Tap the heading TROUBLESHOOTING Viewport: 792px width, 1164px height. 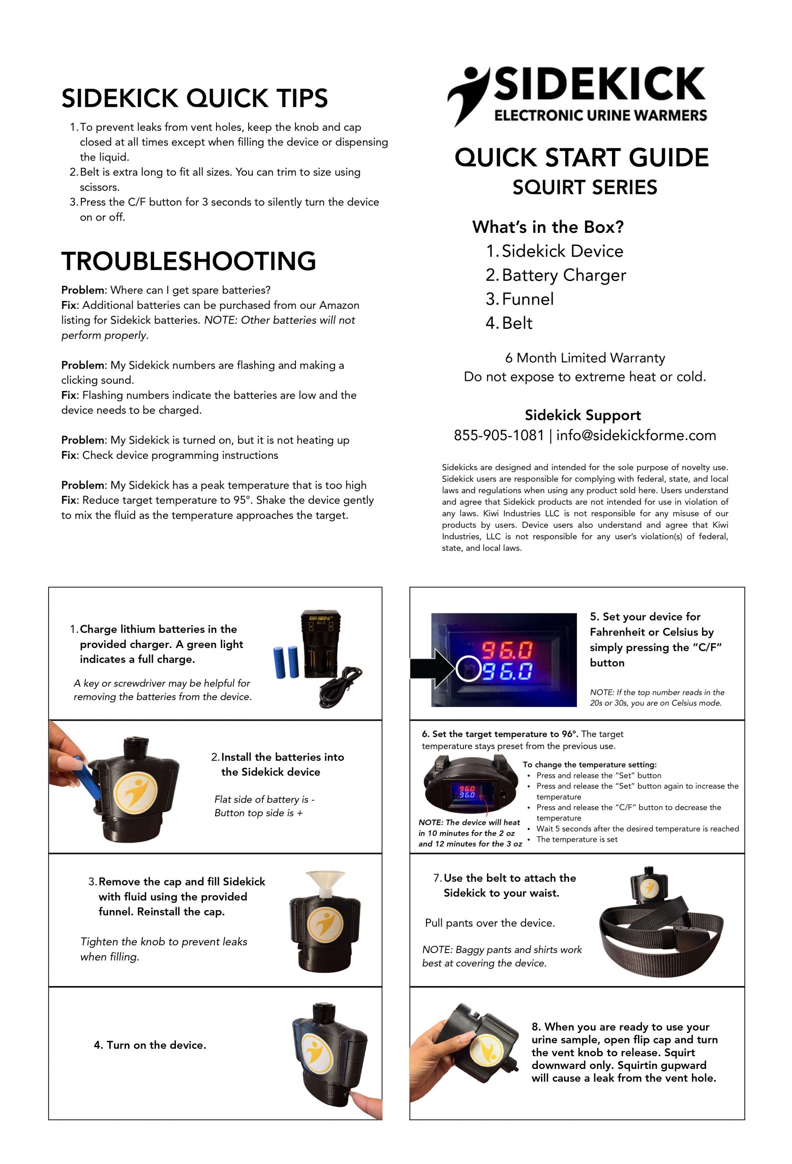188,261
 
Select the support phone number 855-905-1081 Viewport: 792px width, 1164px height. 498,435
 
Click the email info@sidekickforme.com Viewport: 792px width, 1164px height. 636,435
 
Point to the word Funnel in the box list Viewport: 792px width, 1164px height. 527,299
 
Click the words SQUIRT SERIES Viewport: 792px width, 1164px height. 584,187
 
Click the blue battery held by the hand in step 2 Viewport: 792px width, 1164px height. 90,779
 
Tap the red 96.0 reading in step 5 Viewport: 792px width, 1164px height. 507,650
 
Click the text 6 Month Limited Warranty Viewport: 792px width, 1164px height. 585,358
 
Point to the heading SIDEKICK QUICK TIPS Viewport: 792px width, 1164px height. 195,98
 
